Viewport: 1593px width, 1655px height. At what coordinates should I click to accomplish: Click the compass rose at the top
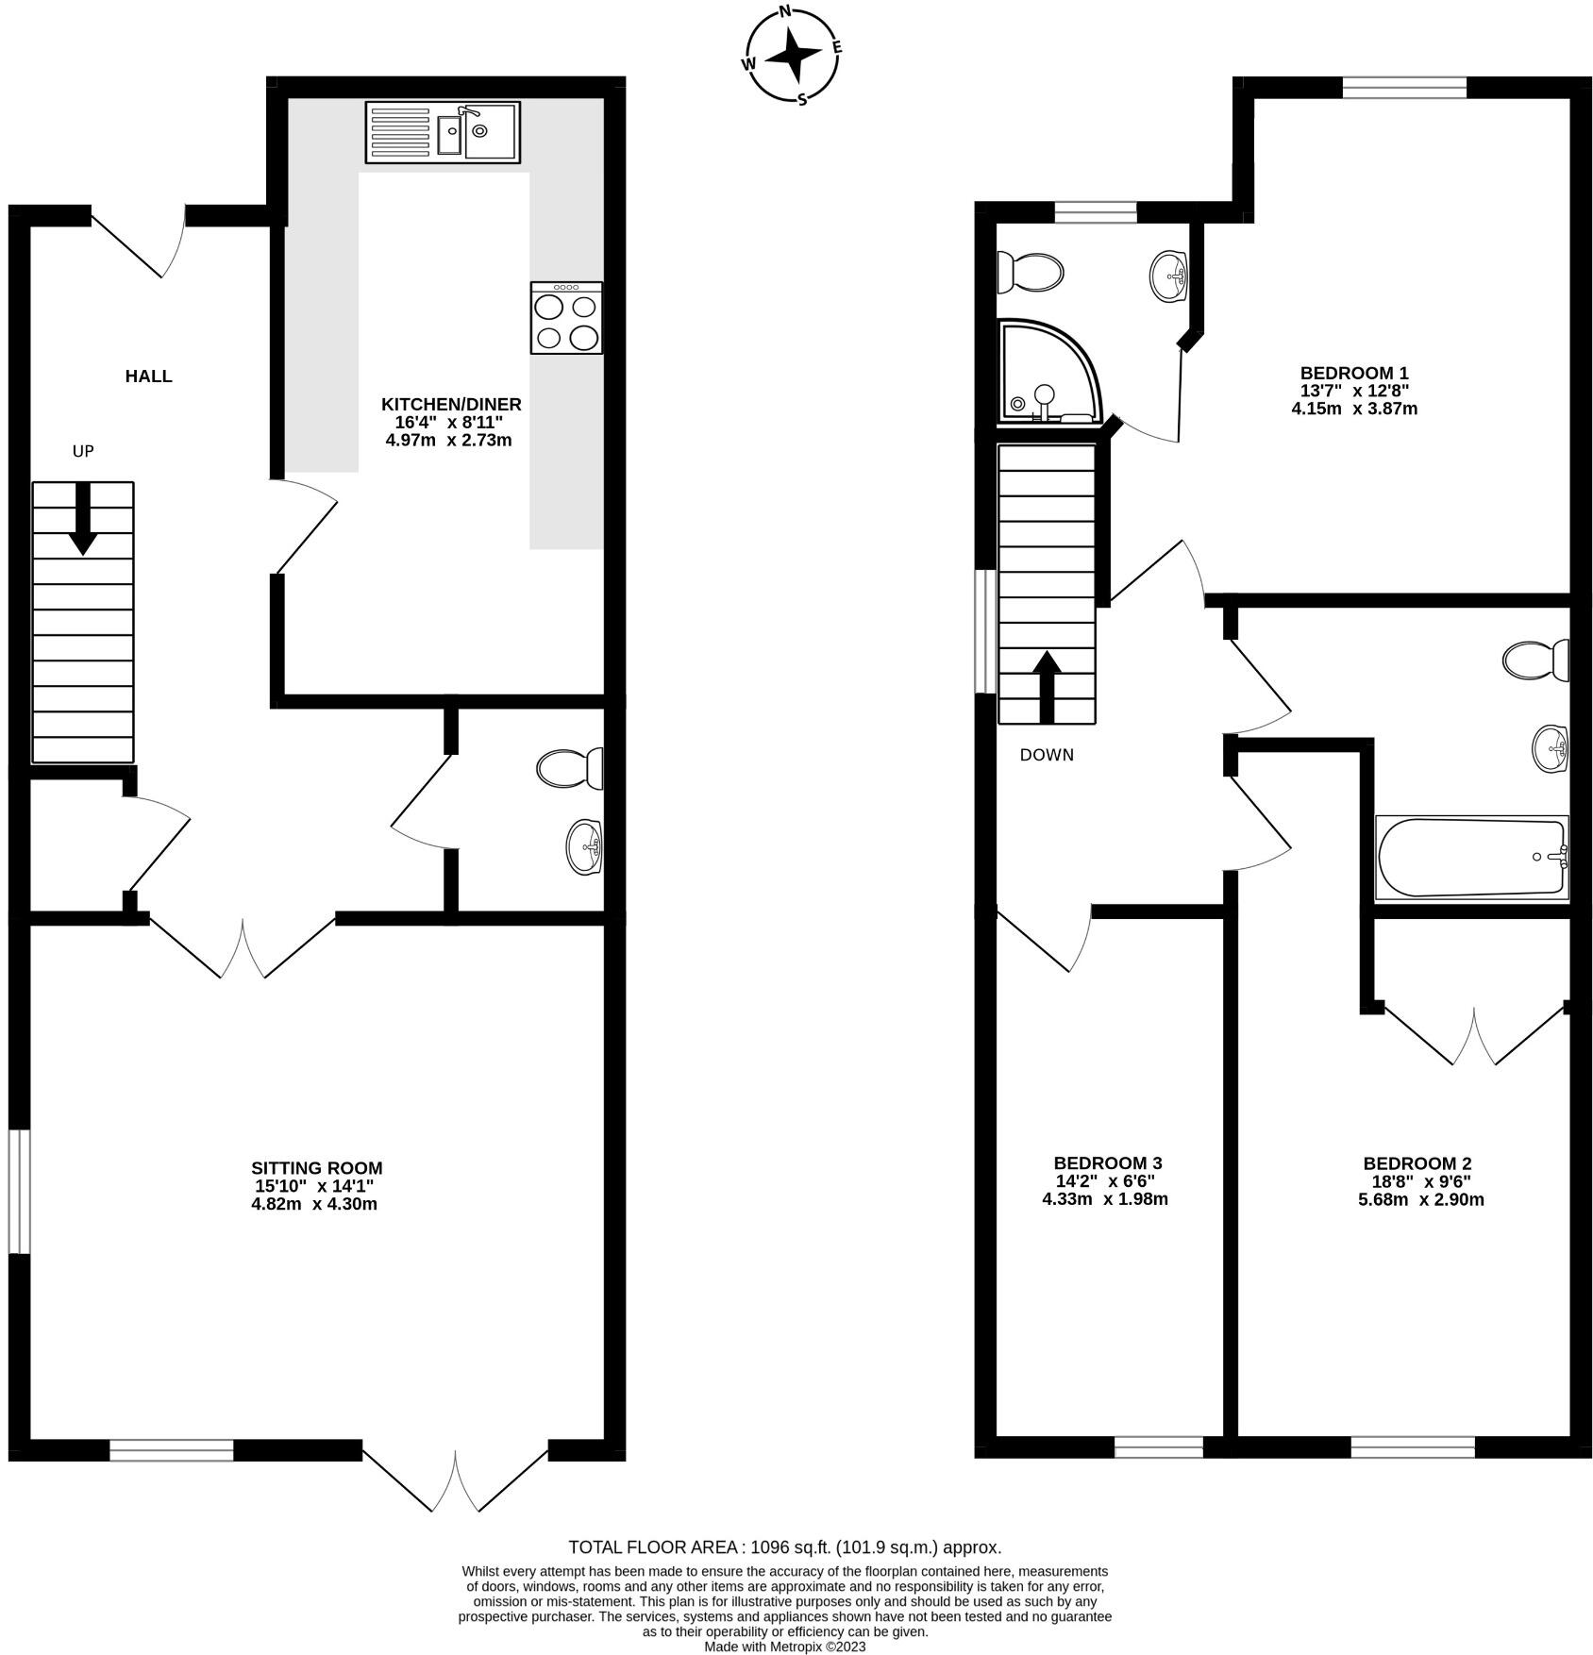(x=793, y=57)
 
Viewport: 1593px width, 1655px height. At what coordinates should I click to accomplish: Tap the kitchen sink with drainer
(x=443, y=132)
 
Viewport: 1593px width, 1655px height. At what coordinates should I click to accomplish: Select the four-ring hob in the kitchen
(x=566, y=319)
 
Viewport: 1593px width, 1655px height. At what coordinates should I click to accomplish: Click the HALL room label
(x=149, y=376)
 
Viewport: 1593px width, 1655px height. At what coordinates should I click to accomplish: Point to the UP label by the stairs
(x=83, y=451)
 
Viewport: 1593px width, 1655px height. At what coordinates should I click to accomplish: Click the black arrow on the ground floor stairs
(x=83, y=518)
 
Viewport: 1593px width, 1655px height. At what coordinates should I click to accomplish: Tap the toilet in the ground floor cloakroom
(x=570, y=768)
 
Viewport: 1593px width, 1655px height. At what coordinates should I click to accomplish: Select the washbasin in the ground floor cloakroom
(x=585, y=846)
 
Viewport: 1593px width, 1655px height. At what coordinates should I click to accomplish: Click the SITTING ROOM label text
(x=316, y=1168)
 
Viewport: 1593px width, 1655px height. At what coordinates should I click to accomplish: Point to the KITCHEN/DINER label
(x=451, y=404)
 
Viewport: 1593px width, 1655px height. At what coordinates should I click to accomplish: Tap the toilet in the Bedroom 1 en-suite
(x=1031, y=273)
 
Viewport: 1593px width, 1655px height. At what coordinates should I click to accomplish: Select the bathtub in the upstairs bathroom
(x=1470, y=857)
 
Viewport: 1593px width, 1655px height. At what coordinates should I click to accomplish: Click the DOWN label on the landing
(x=1047, y=755)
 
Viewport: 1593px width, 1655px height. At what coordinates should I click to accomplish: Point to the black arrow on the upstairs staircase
(x=1047, y=686)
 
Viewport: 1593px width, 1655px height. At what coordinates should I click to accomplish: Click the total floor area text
(x=784, y=1547)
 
